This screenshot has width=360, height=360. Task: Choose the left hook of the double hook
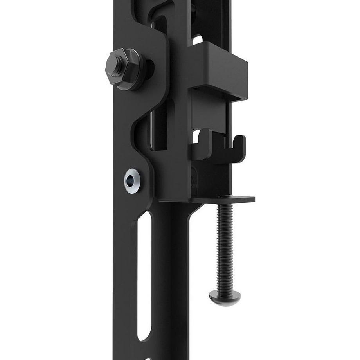(x=203, y=145)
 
